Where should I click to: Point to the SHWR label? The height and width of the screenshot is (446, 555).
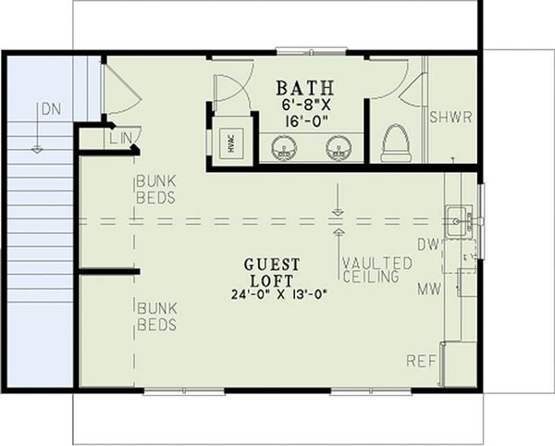pyautogui.click(x=450, y=118)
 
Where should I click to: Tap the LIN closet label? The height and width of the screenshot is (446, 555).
pyautogui.click(x=121, y=139)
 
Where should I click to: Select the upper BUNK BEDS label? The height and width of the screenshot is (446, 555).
pyautogui.click(x=157, y=191)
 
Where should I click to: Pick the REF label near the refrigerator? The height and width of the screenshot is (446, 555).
pyautogui.click(x=421, y=359)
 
